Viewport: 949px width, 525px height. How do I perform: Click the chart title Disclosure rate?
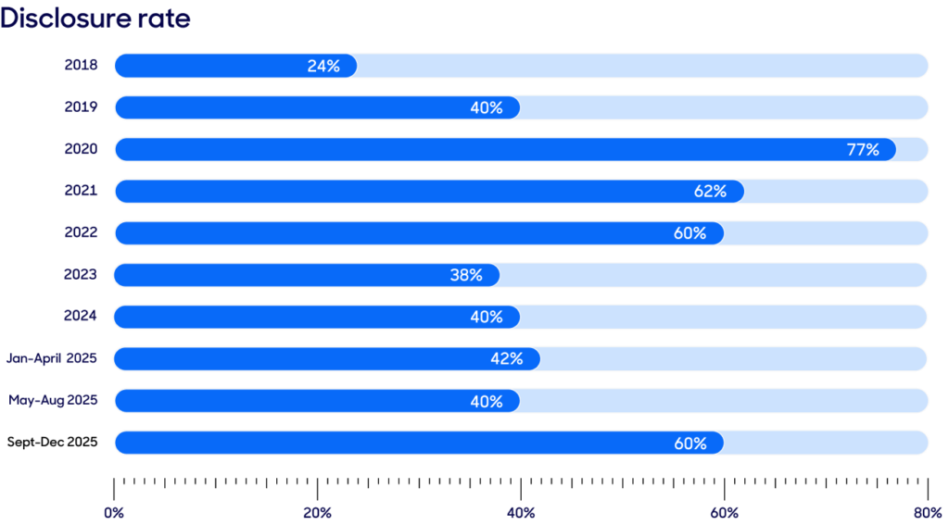pyautogui.click(x=95, y=19)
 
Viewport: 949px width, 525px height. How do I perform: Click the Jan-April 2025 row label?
pyautogui.click(x=52, y=358)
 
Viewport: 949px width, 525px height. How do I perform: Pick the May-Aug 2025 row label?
pyautogui.click(x=54, y=401)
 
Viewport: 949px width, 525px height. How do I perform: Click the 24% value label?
pyautogui.click(x=323, y=66)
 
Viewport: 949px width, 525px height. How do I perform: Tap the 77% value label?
pyautogui.click(x=863, y=149)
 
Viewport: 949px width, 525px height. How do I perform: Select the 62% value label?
pyautogui.click(x=710, y=192)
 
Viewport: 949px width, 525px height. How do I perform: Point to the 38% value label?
pyautogui.click(x=466, y=275)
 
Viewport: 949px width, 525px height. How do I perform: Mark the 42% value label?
pyautogui.click(x=507, y=359)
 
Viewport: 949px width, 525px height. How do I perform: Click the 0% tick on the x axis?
pyautogui.click(x=114, y=512)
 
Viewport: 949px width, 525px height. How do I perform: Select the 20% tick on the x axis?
pyautogui.click(x=318, y=512)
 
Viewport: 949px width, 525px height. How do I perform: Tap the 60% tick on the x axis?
pyautogui.click(x=725, y=512)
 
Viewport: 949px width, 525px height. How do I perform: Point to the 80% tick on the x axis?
pyautogui.click(x=928, y=512)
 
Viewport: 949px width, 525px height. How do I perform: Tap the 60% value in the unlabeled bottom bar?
pyautogui.click(x=690, y=444)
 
